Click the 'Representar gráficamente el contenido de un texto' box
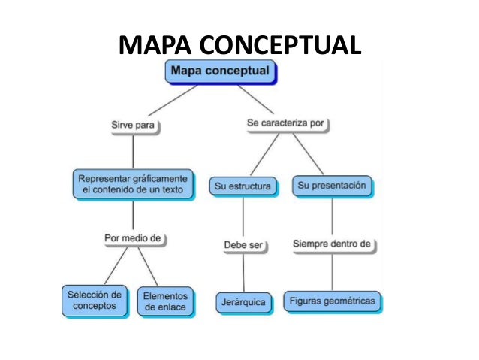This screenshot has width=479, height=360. click(x=134, y=185)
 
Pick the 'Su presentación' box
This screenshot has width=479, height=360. click(x=331, y=185)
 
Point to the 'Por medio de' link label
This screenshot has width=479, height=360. click(x=133, y=239)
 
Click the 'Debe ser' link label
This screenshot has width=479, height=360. click(x=243, y=245)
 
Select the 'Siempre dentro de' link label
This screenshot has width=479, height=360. click(x=333, y=244)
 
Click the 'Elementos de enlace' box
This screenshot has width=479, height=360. click(x=166, y=301)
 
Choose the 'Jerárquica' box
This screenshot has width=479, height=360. click(x=243, y=301)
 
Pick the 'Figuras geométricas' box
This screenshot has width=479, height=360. click(x=333, y=301)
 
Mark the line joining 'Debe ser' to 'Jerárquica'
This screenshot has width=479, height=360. click(x=243, y=272)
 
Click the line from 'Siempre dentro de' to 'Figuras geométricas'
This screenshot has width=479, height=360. click(x=333, y=271)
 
